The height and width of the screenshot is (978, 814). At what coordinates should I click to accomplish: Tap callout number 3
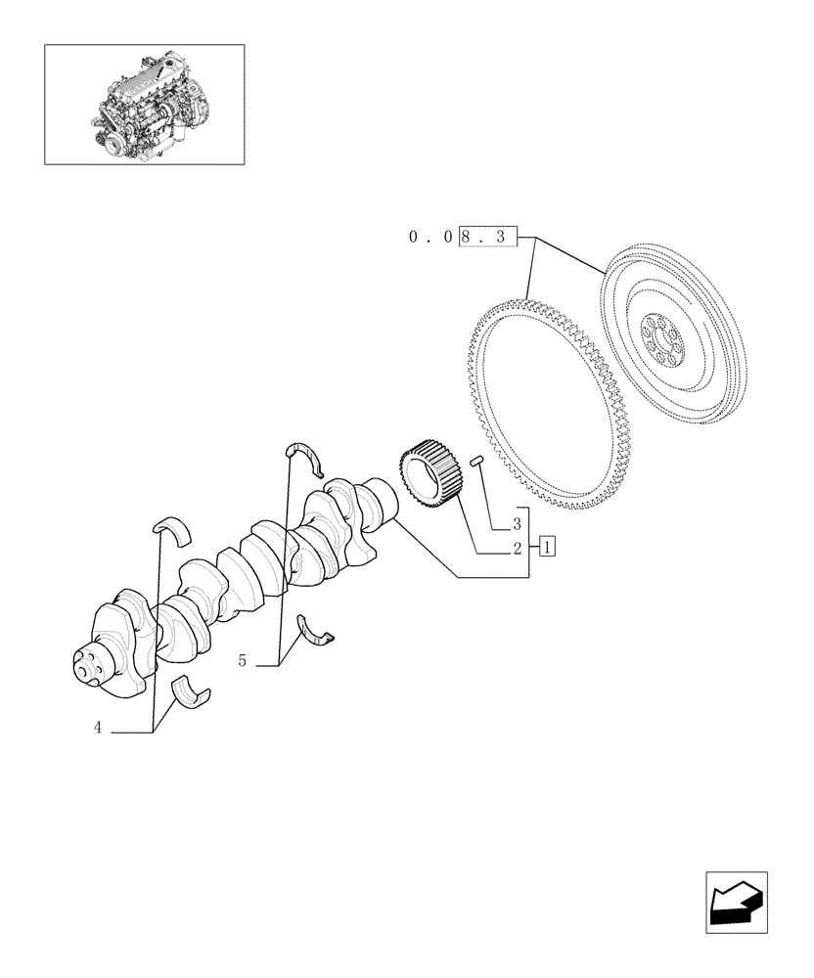pyautogui.click(x=516, y=524)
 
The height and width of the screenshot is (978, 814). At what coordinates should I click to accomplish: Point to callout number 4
pyautogui.click(x=98, y=729)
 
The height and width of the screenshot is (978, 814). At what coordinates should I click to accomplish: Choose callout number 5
pyautogui.click(x=242, y=661)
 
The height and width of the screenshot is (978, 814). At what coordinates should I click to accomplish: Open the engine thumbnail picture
pyautogui.click(x=144, y=104)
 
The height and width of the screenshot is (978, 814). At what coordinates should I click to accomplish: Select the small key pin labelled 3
pyautogui.click(x=477, y=462)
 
